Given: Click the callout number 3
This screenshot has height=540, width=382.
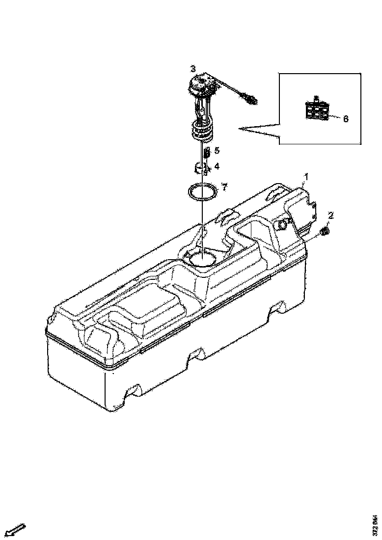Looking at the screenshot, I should tap(193, 68).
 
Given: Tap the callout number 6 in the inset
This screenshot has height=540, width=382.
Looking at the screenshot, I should tap(346, 119).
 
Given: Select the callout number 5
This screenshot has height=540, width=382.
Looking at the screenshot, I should tap(217, 150).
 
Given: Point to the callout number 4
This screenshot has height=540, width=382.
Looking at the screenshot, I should tap(217, 166).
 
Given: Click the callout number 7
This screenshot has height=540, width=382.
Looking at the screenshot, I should tap(224, 187).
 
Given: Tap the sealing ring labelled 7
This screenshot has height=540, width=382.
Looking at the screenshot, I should tap(202, 190).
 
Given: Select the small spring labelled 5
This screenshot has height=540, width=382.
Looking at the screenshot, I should tap(207, 152).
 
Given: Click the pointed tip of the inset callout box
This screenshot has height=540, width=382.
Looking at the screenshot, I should tap(240, 129).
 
